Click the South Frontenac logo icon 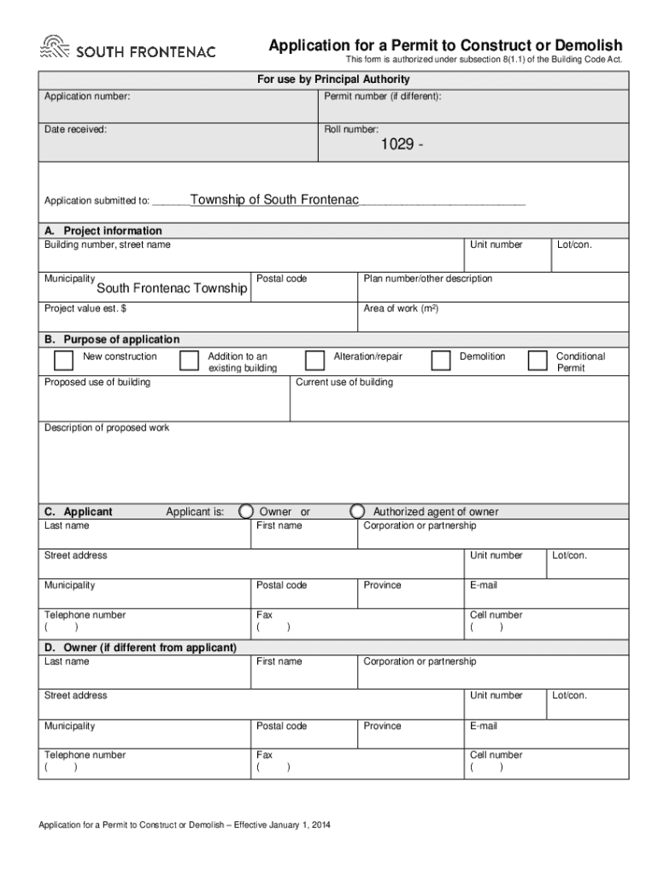coord(55,48)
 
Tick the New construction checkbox coord(63,361)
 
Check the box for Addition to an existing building coord(189,361)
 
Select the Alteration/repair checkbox coord(314,361)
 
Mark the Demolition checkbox coord(440,361)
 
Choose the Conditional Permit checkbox coord(538,361)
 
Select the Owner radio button coord(246,511)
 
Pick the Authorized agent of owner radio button coord(358,511)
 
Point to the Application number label coord(87,97)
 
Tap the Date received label coord(75,130)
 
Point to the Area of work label coord(402,308)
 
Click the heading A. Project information coord(103,231)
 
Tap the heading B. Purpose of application coord(112,339)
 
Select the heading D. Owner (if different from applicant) coord(140,648)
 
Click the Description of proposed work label coord(107,427)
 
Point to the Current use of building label coord(344,382)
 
